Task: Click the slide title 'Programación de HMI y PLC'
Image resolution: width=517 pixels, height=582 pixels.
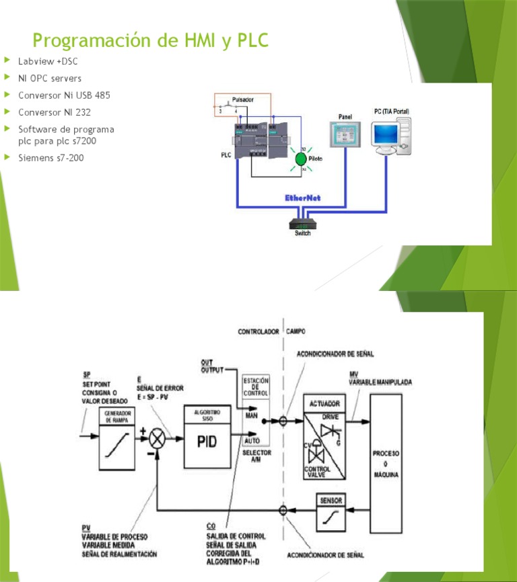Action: click(x=150, y=41)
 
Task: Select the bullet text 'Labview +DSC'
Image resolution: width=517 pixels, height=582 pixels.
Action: click(x=48, y=62)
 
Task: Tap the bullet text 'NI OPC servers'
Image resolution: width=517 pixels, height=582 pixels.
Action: click(x=50, y=79)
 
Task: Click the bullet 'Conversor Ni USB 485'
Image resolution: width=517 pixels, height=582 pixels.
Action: click(x=64, y=95)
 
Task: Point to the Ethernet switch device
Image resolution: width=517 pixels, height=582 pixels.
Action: click(x=303, y=224)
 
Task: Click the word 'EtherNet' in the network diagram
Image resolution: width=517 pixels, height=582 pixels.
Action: click(x=303, y=198)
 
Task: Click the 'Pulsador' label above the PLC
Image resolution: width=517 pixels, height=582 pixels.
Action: click(x=242, y=99)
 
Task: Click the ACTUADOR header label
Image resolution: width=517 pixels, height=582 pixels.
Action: click(x=324, y=404)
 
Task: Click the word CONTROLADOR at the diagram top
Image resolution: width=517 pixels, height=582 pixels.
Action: click(x=258, y=332)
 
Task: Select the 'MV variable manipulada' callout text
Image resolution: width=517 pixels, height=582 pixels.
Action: click(x=380, y=378)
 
